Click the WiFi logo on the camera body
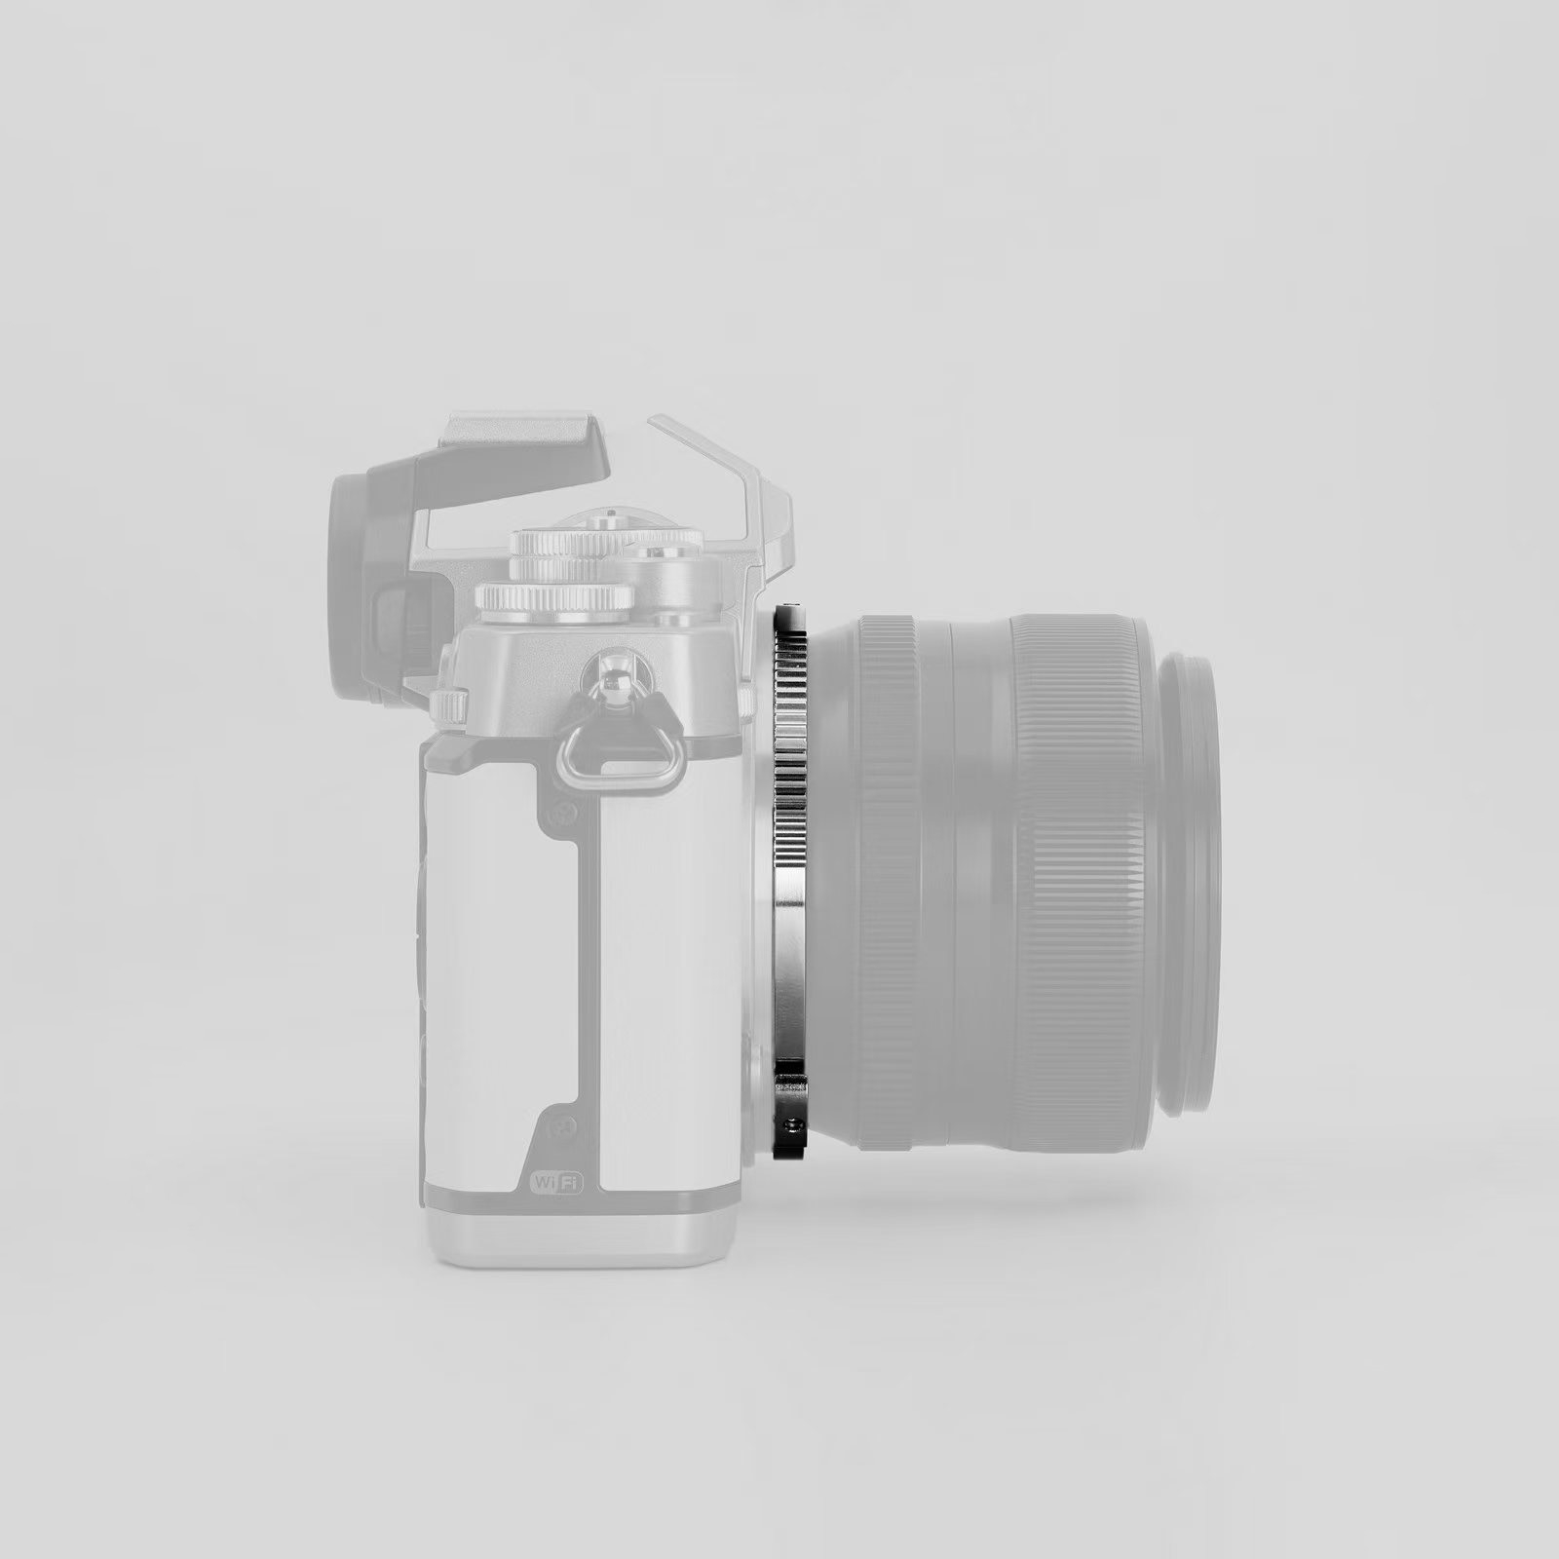pos(556,1182)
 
